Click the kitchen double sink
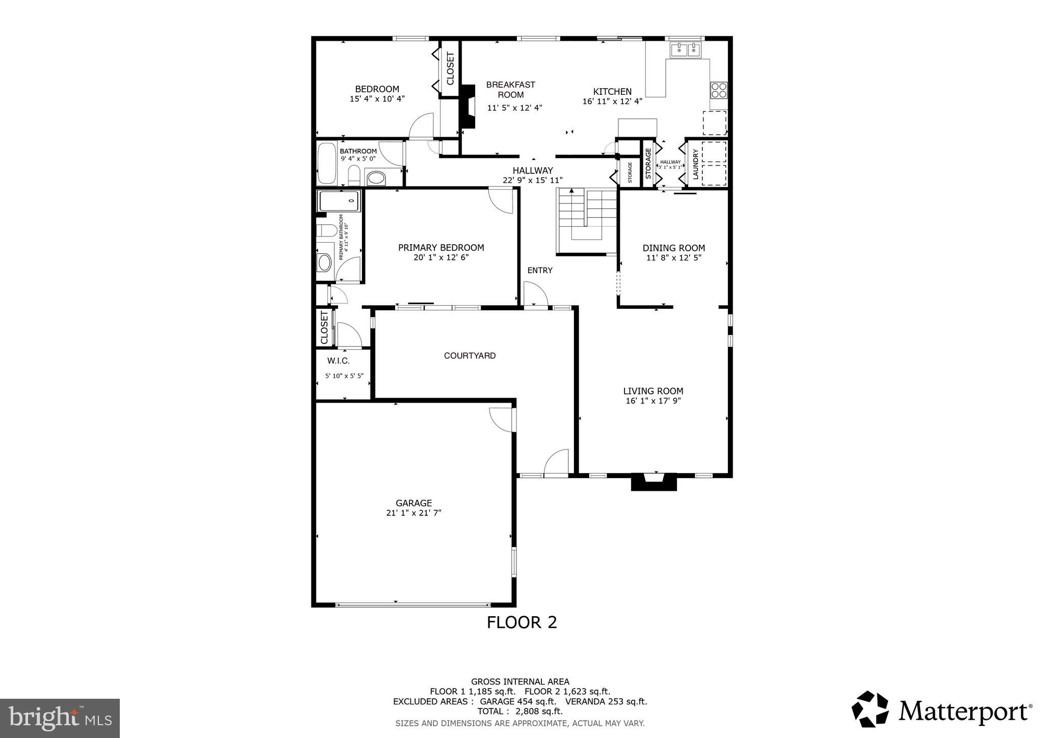pyautogui.click(x=686, y=50)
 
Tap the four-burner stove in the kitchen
pyautogui.click(x=719, y=90)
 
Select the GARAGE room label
pyautogui.click(x=413, y=503)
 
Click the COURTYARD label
pyautogui.click(x=469, y=356)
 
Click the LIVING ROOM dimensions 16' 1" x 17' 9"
pyautogui.click(x=653, y=401)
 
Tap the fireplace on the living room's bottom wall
pyautogui.click(x=654, y=481)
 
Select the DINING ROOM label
pyautogui.click(x=673, y=248)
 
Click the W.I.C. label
pyautogui.click(x=338, y=361)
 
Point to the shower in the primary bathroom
pyautogui.click(x=339, y=201)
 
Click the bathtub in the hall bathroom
pyautogui.click(x=327, y=164)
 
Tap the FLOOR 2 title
pyautogui.click(x=521, y=622)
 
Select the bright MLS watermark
pyautogui.click(x=60, y=718)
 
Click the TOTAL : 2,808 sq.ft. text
pyautogui.click(x=519, y=711)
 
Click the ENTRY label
pyautogui.click(x=540, y=271)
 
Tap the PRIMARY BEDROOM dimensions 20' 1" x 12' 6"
pyautogui.click(x=441, y=258)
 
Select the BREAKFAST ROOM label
pyautogui.click(x=510, y=90)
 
